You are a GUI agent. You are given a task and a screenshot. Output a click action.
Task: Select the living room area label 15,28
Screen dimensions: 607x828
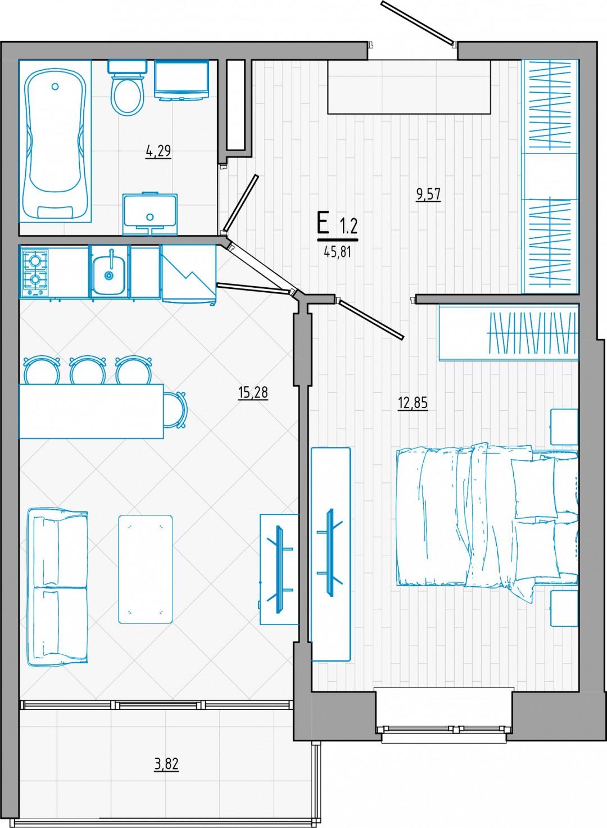[253, 392]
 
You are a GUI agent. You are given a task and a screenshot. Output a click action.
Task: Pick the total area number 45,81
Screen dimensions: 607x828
[336, 253]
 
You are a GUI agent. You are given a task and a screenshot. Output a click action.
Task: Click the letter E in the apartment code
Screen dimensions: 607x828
[323, 224]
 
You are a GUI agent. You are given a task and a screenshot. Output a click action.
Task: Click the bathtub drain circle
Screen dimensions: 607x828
[55, 87]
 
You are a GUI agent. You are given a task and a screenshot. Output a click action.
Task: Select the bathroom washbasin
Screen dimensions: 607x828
[150, 214]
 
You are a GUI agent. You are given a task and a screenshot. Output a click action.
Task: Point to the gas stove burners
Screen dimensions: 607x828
[35, 271]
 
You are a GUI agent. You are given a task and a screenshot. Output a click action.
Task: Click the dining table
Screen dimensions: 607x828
[91, 411]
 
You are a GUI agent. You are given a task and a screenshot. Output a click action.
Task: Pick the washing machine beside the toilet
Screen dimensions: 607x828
[182, 80]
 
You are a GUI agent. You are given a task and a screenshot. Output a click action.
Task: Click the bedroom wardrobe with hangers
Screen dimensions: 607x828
[508, 333]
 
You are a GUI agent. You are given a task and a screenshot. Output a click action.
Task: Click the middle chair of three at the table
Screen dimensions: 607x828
[88, 370]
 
